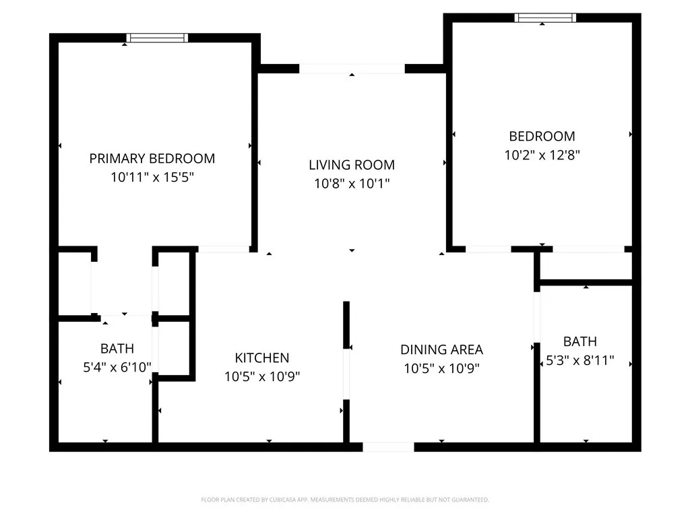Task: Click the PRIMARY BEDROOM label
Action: point(152,159)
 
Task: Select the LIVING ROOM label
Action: point(352,165)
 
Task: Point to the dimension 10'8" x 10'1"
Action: point(352,183)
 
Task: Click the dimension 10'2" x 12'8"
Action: point(542,154)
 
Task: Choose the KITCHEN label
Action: point(261,358)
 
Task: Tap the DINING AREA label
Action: point(441,349)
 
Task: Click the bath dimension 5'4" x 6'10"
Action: point(117,367)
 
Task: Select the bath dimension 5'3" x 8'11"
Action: point(579,360)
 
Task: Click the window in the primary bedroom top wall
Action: point(157,38)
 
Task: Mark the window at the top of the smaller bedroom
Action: point(545,18)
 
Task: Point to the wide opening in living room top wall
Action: point(352,69)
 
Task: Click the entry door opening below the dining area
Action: point(388,446)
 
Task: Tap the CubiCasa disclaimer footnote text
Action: point(345,499)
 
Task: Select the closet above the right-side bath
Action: point(586,266)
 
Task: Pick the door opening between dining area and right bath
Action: point(537,316)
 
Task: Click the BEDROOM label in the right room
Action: point(542,136)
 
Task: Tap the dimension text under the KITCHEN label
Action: point(261,376)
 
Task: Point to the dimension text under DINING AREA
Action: point(441,368)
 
